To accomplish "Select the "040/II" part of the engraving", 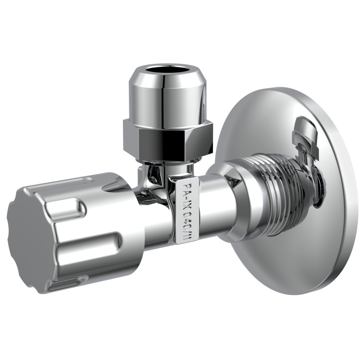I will tap(186, 225).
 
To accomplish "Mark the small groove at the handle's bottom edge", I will tap(68, 283).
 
